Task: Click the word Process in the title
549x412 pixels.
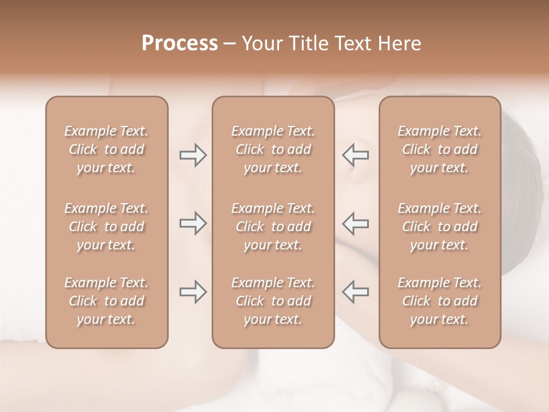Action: click(x=180, y=43)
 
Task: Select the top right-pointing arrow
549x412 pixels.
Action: click(x=193, y=155)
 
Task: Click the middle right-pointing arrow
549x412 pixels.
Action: click(x=193, y=223)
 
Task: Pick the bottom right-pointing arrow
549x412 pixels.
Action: click(x=193, y=291)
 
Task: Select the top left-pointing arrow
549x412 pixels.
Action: click(x=355, y=155)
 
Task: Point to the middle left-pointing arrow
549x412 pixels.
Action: click(x=355, y=223)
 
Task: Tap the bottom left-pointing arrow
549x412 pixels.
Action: click(x=355, y=291)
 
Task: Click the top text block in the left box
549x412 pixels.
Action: click(x=106, y=149)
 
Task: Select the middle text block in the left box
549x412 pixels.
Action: click(x=106, y=227)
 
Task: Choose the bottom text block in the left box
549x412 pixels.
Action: click(x=106, y=301)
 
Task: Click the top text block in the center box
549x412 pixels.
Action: click(x=273, y=149)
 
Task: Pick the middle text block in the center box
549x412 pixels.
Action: click(x=273, y=227)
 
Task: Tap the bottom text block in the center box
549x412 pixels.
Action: click(x=273, y=301)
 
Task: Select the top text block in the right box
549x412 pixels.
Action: click(x=440, y=149)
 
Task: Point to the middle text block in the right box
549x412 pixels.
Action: click(x=440, y=227)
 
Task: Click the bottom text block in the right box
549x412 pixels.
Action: click(x=440, y=301)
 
